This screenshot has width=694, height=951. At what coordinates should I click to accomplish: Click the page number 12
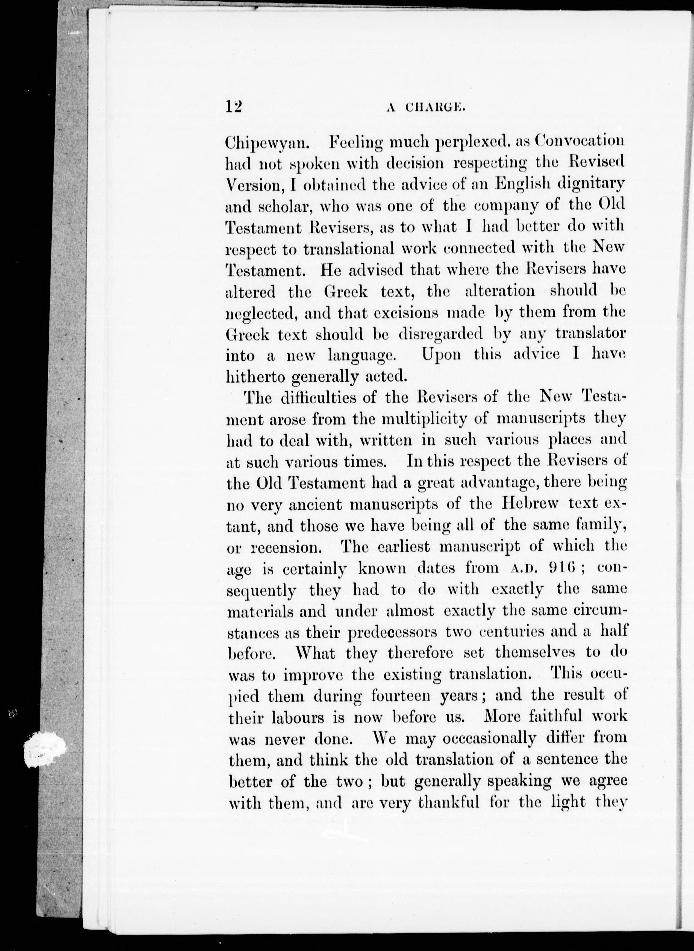(x=234, y=107)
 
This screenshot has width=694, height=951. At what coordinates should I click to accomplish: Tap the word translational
(x=349, y=249)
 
